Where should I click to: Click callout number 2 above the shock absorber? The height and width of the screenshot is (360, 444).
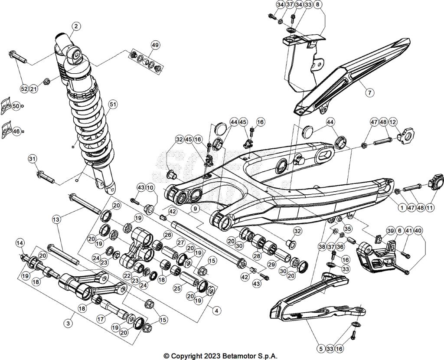[x=76, y=26]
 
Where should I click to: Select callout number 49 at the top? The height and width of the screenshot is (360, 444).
[x=155, y=45]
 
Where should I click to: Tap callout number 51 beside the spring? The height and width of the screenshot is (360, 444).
[x=113, y=104]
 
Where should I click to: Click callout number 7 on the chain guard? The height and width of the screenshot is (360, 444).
[x=369, y=92]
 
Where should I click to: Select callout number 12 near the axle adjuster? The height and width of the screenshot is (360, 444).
[x=392, y=123]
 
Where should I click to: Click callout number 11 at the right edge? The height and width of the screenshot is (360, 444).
[x=430, y=208]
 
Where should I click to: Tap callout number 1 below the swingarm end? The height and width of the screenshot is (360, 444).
[x=402, y=208]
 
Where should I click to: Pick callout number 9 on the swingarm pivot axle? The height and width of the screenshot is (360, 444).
[x=196, y=209]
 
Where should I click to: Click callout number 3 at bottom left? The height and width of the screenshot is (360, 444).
[x=68, y=323]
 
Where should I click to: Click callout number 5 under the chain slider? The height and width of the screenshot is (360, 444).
[x=320, y=348]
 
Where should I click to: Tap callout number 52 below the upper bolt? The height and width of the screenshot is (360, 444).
[x=24, y=88]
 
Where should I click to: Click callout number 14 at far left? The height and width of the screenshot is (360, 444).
[x=20, y=243]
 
